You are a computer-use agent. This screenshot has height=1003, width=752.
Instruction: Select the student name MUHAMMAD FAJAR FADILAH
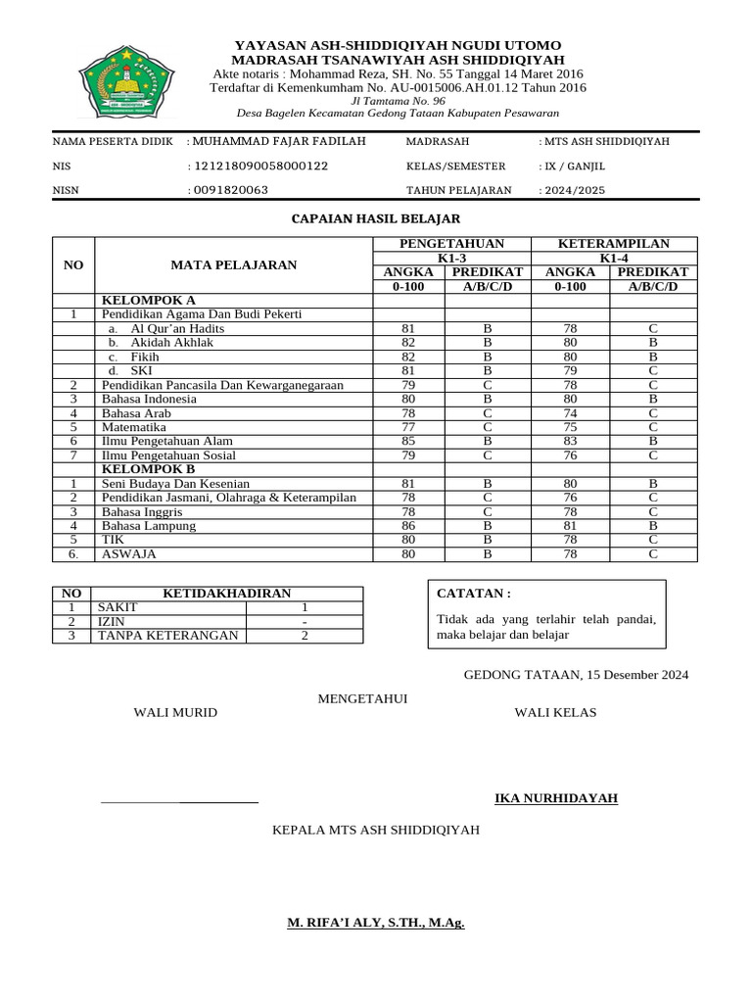[279, 142]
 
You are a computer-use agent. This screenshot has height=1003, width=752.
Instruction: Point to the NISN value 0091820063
[230, 191]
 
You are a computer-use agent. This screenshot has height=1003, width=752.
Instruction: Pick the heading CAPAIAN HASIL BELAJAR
[376, 218]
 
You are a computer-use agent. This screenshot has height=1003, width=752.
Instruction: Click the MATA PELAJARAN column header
[234, 264]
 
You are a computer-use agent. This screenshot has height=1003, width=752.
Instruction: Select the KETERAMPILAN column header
[613, 244]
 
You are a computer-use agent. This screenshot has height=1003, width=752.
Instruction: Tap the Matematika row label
[134, 427]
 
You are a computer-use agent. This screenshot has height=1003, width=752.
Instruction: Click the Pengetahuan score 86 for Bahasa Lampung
[408, 526]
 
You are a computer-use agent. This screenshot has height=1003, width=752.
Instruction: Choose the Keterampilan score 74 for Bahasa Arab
[571, 413]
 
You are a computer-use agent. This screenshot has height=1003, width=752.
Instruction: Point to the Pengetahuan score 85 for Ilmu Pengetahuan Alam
[408, 442]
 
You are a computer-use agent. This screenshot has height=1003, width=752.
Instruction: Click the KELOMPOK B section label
[149, 469]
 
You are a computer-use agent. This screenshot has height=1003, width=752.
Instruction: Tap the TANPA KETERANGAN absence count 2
[305, 636]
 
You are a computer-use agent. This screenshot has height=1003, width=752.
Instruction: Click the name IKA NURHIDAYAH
[556, 798]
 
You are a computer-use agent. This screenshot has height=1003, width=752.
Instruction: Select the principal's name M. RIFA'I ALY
[375, 924]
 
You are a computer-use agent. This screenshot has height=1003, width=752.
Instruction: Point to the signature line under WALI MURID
[179, 802]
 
